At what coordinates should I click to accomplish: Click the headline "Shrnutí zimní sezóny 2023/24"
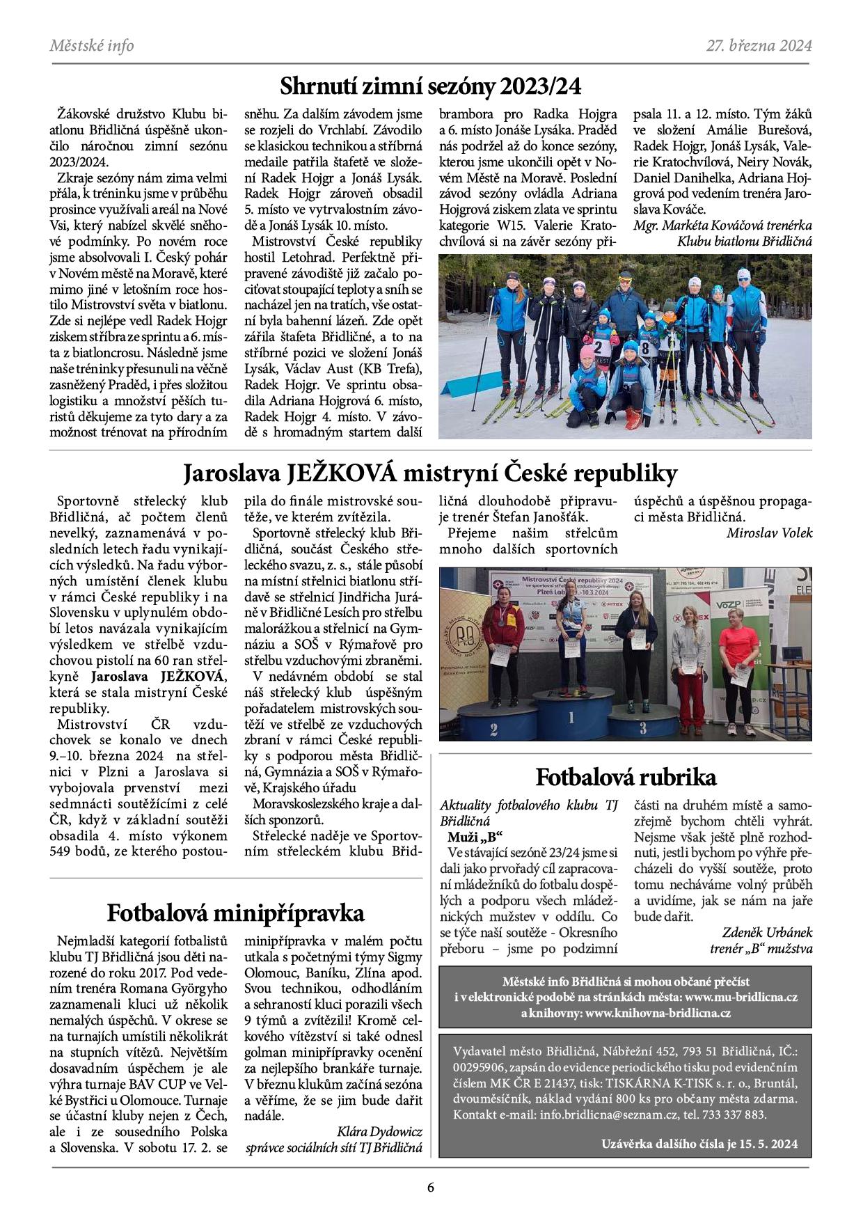click(430, 86)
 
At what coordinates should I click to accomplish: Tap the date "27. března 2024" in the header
click(759, 46)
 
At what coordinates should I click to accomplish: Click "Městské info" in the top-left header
click(91, 46)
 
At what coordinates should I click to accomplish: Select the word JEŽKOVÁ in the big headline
click(340, 473)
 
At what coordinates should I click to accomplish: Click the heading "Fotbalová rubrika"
click(626, 777)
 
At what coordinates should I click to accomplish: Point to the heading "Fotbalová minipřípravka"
click(235, 913)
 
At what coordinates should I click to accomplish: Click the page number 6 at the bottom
click(431, 1188)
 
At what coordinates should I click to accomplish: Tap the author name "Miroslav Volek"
click(769, 533)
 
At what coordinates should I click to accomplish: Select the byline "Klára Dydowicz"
click(379, 1132)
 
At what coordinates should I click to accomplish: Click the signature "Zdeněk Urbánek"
click(767, 933)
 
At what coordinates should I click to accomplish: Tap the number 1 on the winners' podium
click(571, 717)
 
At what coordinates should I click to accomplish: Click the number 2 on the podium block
click(493, 730)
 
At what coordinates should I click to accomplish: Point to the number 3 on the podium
click(643, 729)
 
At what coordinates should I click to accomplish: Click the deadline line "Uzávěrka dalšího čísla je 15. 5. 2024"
click(699, 1144)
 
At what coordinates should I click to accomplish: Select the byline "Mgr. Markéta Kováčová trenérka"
click(722, 226)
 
